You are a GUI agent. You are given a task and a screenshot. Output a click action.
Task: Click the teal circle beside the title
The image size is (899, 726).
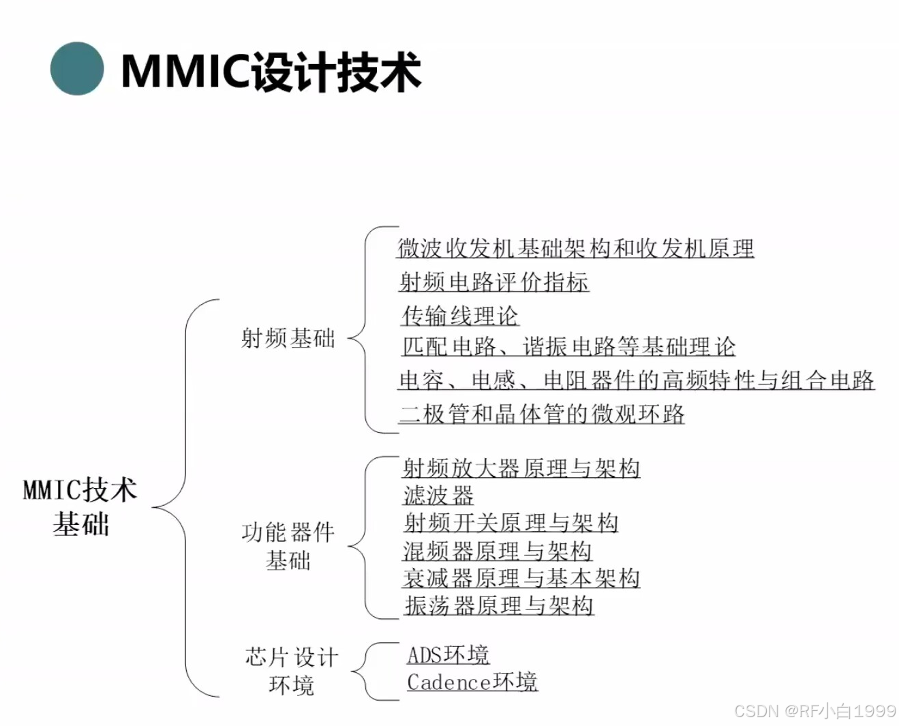point(77,69)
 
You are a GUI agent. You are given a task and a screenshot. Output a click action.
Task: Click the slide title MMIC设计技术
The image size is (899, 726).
point(271,71)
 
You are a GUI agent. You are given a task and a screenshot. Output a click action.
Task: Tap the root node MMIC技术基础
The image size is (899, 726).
point(80,506)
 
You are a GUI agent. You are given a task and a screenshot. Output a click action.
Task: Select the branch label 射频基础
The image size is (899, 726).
point(288,337)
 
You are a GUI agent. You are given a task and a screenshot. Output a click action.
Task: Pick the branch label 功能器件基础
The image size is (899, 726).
point(288,545)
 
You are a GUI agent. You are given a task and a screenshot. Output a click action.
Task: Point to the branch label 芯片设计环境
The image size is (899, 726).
point(291,671)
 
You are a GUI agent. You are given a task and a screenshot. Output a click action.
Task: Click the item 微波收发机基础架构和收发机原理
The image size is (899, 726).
point(575,248)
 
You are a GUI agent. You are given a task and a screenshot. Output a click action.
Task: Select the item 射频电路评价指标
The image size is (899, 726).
point(494,282)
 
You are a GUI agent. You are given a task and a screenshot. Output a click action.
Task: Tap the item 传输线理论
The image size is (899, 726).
point(460,315)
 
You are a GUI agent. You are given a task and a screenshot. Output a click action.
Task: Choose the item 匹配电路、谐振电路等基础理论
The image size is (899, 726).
point(568,346)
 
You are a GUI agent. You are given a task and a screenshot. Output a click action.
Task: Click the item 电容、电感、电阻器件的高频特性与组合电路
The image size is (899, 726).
point(636,380)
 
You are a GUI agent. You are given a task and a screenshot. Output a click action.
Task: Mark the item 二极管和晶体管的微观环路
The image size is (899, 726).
point(542,413)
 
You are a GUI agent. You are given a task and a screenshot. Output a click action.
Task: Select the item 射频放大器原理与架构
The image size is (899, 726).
point(521,468)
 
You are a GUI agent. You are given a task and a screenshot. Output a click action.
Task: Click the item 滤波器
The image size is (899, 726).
point(438,495)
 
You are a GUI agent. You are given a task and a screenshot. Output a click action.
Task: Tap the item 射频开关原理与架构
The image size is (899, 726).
point(511,523)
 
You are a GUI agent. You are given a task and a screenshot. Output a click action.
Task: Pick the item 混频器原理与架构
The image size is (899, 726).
point(498,550)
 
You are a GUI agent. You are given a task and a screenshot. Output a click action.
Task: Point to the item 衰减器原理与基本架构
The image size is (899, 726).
point(521,578)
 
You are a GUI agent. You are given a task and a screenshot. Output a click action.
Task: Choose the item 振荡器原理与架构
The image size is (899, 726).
point(499,605)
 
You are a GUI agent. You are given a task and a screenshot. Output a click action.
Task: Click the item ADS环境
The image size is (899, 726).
point(448,654)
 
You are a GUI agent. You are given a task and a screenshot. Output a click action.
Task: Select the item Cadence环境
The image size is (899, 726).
point(472,682)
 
